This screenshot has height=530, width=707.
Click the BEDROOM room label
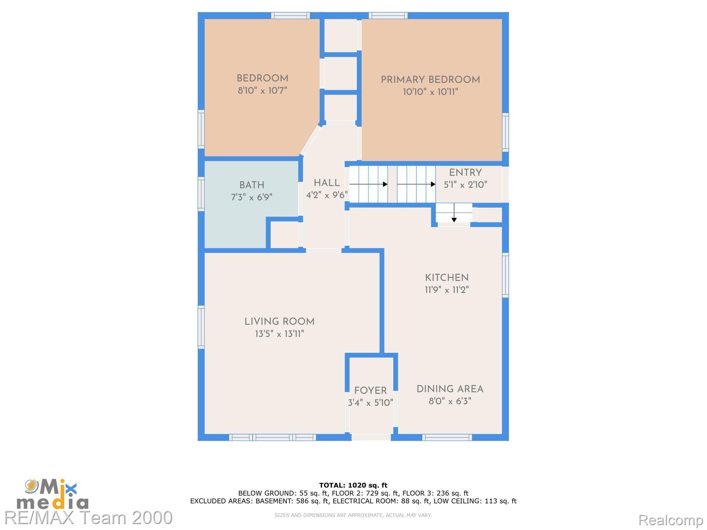pyautogui.click(x=262, y=78)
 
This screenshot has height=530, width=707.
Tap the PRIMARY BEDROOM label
pyautogui.click(x=430, y=80)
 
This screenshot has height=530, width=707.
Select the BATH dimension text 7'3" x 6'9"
pyautogui.click(x=252, y=197)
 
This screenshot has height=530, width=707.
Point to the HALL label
pyautogui.click(x=327, y=183)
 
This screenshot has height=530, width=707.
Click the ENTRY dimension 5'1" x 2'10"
pyautogui.click(x=465, y=185)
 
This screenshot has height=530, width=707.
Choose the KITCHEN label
pyautogui.click(x=447, y=278)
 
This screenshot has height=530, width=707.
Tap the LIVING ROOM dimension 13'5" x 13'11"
pyautogui.click(x=279, y=334)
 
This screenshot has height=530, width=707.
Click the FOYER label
pyautogui.click(x=370, y=391)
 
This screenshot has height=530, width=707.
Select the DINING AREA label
pyautogui.click(x=450, y=389)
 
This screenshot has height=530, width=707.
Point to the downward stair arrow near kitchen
pyautogui.click(x=454, y=213)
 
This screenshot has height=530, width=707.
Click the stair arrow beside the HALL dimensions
pyautogui.click(x=369, y=184)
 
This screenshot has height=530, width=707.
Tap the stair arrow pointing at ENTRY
pyautogui.click(x=416, y=184)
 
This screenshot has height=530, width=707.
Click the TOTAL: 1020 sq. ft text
pyautogui.click(x=353, y=485)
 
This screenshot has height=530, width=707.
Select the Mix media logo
pyautogui.click(x=53, y=494)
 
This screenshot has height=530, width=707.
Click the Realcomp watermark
pyautogui.click(x=671, y=520)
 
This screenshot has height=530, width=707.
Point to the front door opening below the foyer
pyautogui.click(x=371, y=437)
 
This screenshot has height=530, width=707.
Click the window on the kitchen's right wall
pyautogui.click(x=506, y=275)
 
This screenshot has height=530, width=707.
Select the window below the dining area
pyautogui.click(x=447, y=437)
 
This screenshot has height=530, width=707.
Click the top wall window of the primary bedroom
pyautogui.click(x=388, y=15)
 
